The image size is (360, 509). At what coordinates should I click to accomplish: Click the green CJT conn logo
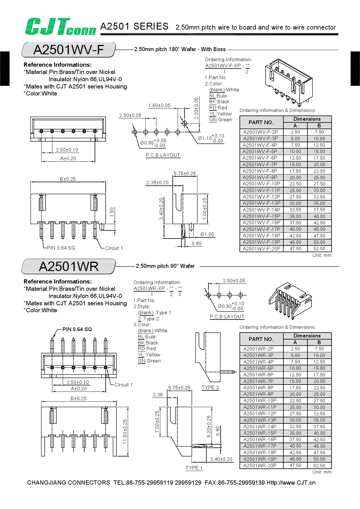coord(60,27)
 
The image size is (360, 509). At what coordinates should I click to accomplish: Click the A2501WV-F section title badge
coord(69,50)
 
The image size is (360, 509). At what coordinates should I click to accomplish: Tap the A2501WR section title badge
coord(69,266)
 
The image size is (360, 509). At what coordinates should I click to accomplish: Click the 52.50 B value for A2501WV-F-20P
coord(319,249)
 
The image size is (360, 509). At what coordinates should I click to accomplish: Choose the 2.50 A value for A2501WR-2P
coord(295,349)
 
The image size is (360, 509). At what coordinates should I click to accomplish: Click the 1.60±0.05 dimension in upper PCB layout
coord(159,106)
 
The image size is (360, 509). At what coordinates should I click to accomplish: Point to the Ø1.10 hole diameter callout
coord(211,138)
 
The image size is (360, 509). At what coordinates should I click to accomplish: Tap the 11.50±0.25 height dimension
coord(125,432)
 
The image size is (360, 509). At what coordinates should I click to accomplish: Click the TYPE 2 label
coord(210,388)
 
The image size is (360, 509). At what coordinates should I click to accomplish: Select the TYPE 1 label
coord(194,468)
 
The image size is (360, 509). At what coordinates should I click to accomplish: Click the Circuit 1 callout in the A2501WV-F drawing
coord(114,248)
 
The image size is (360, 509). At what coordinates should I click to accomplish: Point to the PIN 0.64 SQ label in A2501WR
coord(77,329)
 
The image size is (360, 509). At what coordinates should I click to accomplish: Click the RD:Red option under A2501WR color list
coord(147,349)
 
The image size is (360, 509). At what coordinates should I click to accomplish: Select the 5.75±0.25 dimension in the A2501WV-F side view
coord(185,174)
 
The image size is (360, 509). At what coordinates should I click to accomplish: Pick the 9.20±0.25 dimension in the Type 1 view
coord(209,427)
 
